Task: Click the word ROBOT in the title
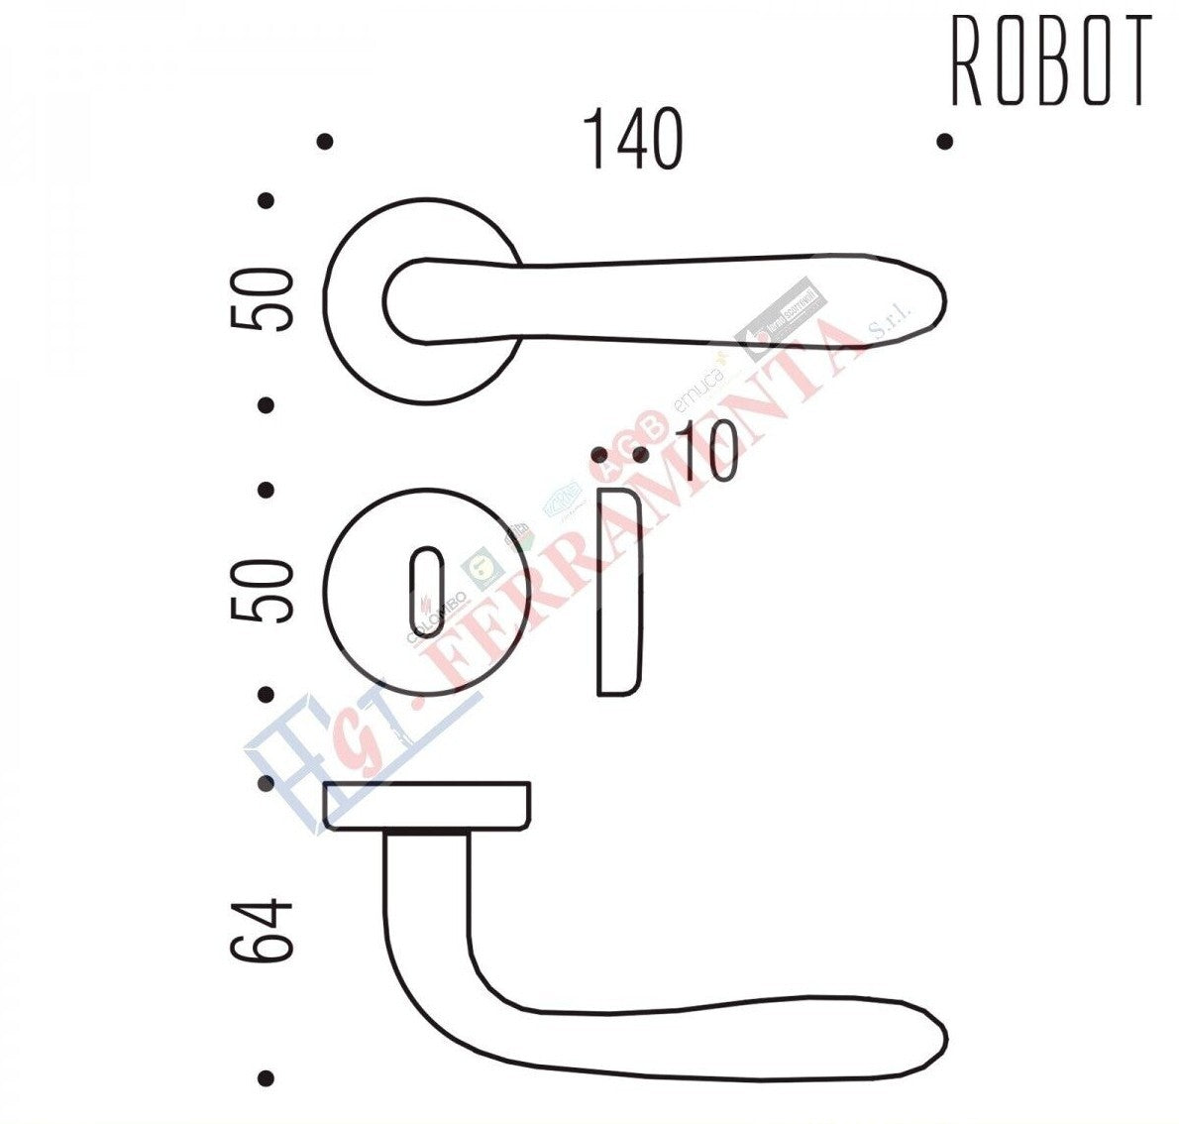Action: point(1051,61)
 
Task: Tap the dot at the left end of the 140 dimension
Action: point(324,142)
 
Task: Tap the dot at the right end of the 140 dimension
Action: point(944,142)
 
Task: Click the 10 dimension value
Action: point(706,455)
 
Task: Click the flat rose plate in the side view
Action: point(426,805)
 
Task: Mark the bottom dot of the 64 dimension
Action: point(265,1077)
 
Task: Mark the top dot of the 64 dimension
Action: point(265,784)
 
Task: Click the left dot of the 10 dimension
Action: point(599,455)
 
